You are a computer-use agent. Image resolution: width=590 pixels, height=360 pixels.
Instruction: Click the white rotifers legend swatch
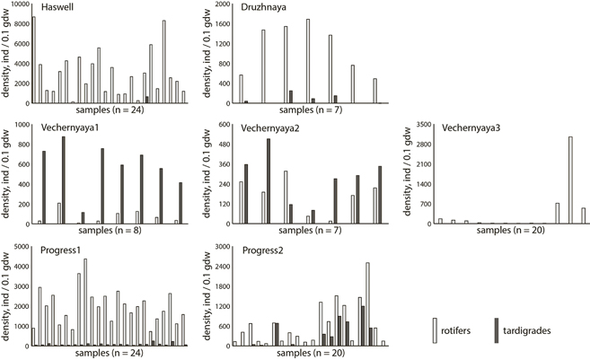[436, 326]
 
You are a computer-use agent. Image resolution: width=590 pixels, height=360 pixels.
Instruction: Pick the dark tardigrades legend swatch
[498, 326]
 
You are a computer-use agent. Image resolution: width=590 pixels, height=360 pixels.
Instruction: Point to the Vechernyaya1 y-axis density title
[6, 175]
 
